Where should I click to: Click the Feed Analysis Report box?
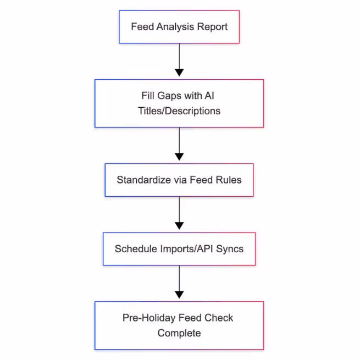pyautogui.click(x=179, y=26)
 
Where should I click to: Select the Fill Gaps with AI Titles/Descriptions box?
pyautogui.click(x=179, y=103)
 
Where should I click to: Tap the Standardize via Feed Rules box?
pyautogui.click(x=179, y=180)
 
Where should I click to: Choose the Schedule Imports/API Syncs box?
pyautogui.click(x=179, y=249)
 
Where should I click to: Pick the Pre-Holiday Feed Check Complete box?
pyautogui.click(x=179, y=325)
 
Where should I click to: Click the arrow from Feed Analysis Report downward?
pyautogui.click(x=179, y=61)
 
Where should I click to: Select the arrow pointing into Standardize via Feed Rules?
pyautogui.click(x=179, y=145)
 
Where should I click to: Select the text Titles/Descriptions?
pyautogui.click(x=179, y=111)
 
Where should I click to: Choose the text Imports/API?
pyautogui.click(x=185, y=249)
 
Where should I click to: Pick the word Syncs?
pyautogui.click(x=230, y=249)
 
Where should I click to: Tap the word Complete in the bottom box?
pyautogui.click(x=179, y=333)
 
